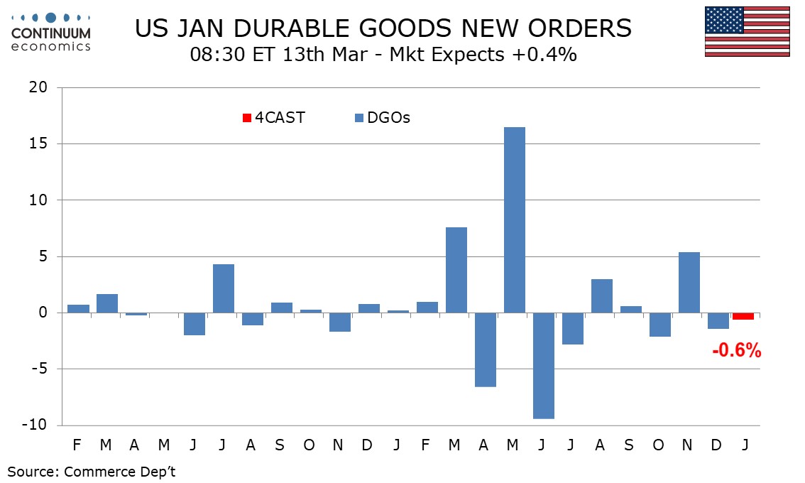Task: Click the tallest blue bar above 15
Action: (x=515, y=220)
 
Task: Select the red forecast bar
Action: (x=743, y=316)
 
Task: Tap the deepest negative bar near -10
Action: (x=544, y=366)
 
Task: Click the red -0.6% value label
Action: (x=737, y=349)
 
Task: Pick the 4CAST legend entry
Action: (x=274, y=118)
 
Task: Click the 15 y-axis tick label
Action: (x=38, y=143)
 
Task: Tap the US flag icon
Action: (x=747, y=31)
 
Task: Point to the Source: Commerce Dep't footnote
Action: (x=92, y=472)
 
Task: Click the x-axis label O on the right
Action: (x=658, y=445)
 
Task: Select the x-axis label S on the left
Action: (x=280, y=445)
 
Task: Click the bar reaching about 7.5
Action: (x=456, y=270)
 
